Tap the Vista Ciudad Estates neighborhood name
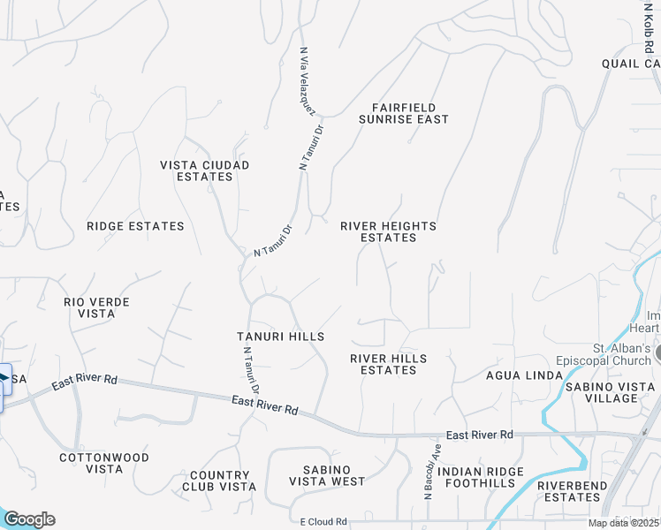pyautogui.click(x=204, y=170)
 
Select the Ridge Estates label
pyautogui.click(x=135, y=226)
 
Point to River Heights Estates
pyautogui.click(x=388, y=231)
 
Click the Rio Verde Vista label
pyautogui.click(x=96, y=307)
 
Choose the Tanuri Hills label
pyautogui.click(x=280, y=337)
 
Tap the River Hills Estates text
pyautogui.click(x=388, y=364)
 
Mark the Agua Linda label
pyautogui.click(x=524, y=375)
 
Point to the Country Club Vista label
pyautogui.click(x=219, y=481)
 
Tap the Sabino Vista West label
pyautogui.click(x=327, y=475)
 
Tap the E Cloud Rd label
pyautogui.click(x=323, y=521)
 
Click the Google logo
pyautogui.click(x=29, y=519)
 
